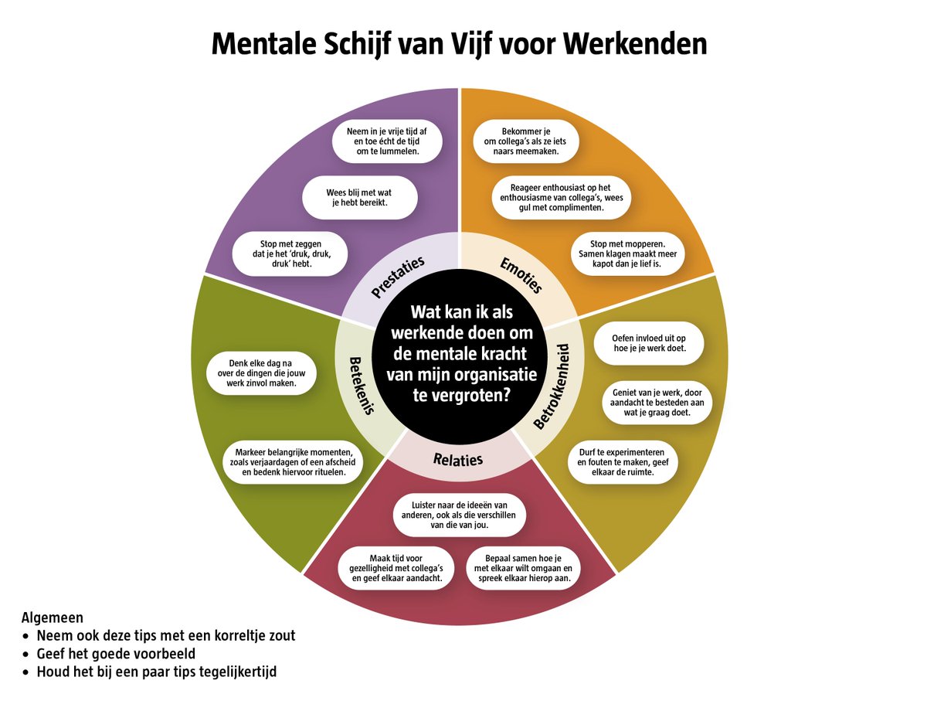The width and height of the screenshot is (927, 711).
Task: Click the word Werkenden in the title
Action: click(636, 44)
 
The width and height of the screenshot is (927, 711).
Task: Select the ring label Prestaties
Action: click(397, 277)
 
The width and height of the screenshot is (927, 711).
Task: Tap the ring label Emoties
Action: click(521, 276)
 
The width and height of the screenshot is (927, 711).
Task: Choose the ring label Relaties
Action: click(458, 459)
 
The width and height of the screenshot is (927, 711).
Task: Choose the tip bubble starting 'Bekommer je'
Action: click(526, 142)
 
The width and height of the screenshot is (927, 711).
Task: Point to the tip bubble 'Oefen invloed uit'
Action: click(648, 343)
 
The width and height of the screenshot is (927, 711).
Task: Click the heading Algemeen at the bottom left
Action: click(53, 618)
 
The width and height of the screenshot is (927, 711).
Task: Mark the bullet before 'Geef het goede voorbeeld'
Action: click(28, 654)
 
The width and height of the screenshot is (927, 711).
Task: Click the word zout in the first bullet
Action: click(279, 636)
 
